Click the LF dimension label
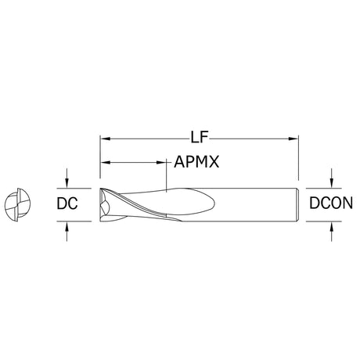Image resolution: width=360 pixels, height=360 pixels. click(x=200, y=138)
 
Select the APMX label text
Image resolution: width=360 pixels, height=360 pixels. click(x=196, y=162)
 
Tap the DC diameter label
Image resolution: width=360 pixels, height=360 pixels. click(x=67, y=203)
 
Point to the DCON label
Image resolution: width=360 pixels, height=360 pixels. click(x=331, y=203)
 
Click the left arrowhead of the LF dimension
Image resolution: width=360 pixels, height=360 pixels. click(x=105, y=139)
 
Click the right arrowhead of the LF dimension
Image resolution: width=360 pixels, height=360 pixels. click(x=293, y=139)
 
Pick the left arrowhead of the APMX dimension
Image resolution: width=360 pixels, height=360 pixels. click(x=106, y=163)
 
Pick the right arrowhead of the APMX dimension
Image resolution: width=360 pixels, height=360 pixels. click(x=161, y=163)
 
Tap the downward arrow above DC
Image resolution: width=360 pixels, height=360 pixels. click(x=67, y=178)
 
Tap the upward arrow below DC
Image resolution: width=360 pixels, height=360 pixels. click(x=67, y=232)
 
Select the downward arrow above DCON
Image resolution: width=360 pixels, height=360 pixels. click(x=331, y=178)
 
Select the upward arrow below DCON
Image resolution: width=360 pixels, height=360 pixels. click(x=331, y=232)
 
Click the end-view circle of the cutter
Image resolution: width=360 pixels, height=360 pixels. click(x=18, y=204)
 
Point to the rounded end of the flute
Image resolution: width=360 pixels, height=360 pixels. click(x=211, y=203)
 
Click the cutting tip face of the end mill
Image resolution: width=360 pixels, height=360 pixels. click(x=103, y=205)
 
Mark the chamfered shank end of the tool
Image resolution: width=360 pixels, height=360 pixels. click(x=297, y=205)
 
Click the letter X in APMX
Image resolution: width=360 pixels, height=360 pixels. click(x=214, y=162)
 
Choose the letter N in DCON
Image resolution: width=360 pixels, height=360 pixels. click(x=347, y=203)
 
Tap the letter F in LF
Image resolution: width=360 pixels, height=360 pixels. click(x=204, y=138)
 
